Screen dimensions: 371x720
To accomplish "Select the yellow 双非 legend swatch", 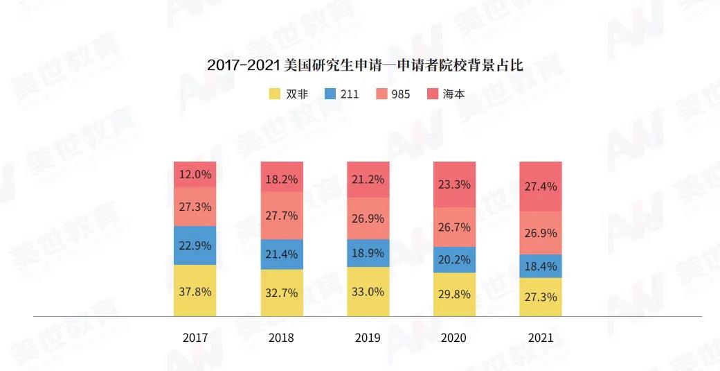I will click(274, 94).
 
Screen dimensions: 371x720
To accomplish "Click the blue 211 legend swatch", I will click(330, 94).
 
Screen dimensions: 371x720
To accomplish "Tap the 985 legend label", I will click(400, 94).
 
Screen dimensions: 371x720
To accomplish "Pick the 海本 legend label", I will click(453, 94).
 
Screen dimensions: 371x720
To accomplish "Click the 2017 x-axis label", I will click(195, 338).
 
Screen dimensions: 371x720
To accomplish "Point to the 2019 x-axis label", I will click(368, 338).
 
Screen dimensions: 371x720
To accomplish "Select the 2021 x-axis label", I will click(541, 338).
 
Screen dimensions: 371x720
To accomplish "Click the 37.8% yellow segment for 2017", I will click(195, 291).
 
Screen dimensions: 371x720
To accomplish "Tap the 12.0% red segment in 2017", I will click(195, 175).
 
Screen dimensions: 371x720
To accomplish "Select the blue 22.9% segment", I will click(195, 245).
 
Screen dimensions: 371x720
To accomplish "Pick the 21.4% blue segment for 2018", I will click(281, 254).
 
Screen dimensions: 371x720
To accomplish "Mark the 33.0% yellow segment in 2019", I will click(368, 292).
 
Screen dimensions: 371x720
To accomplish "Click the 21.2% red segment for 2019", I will click(368, 179).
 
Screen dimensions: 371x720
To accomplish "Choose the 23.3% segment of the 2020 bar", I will click(454, 184).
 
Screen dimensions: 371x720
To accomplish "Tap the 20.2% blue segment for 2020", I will click(454, 260).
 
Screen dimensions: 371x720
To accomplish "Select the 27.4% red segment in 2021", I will click(541, 187).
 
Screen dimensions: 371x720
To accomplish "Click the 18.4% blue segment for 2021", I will click(541, 266).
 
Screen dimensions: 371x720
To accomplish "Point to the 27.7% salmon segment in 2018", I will click(281, 216).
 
